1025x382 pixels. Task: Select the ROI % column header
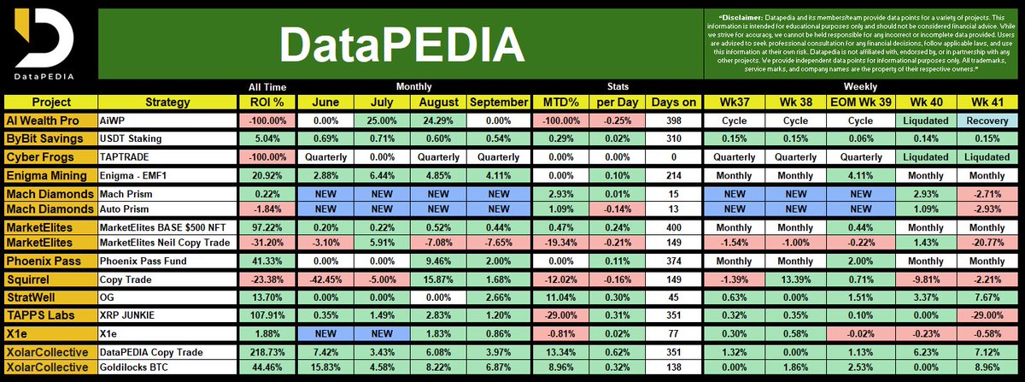point(266,103)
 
